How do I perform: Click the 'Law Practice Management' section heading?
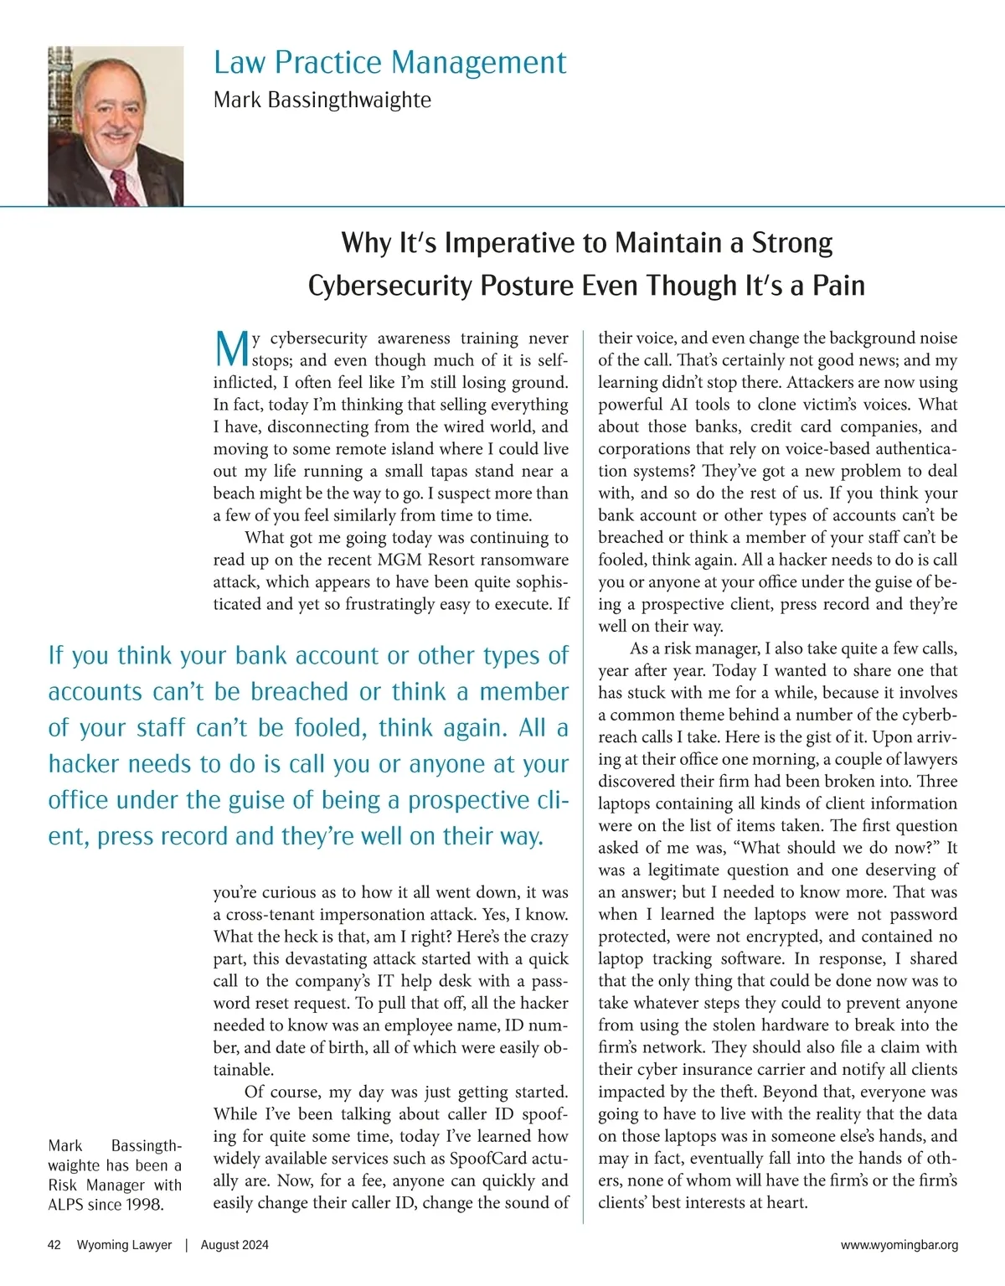coord(389,63)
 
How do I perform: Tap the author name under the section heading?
coord(322,100)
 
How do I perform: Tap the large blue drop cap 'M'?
coord(231,349)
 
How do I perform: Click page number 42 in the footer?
coord(54,1245)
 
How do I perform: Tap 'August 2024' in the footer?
coord(234,1245)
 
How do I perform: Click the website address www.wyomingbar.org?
coord(899,1245)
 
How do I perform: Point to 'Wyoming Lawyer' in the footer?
coord(124,1245)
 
